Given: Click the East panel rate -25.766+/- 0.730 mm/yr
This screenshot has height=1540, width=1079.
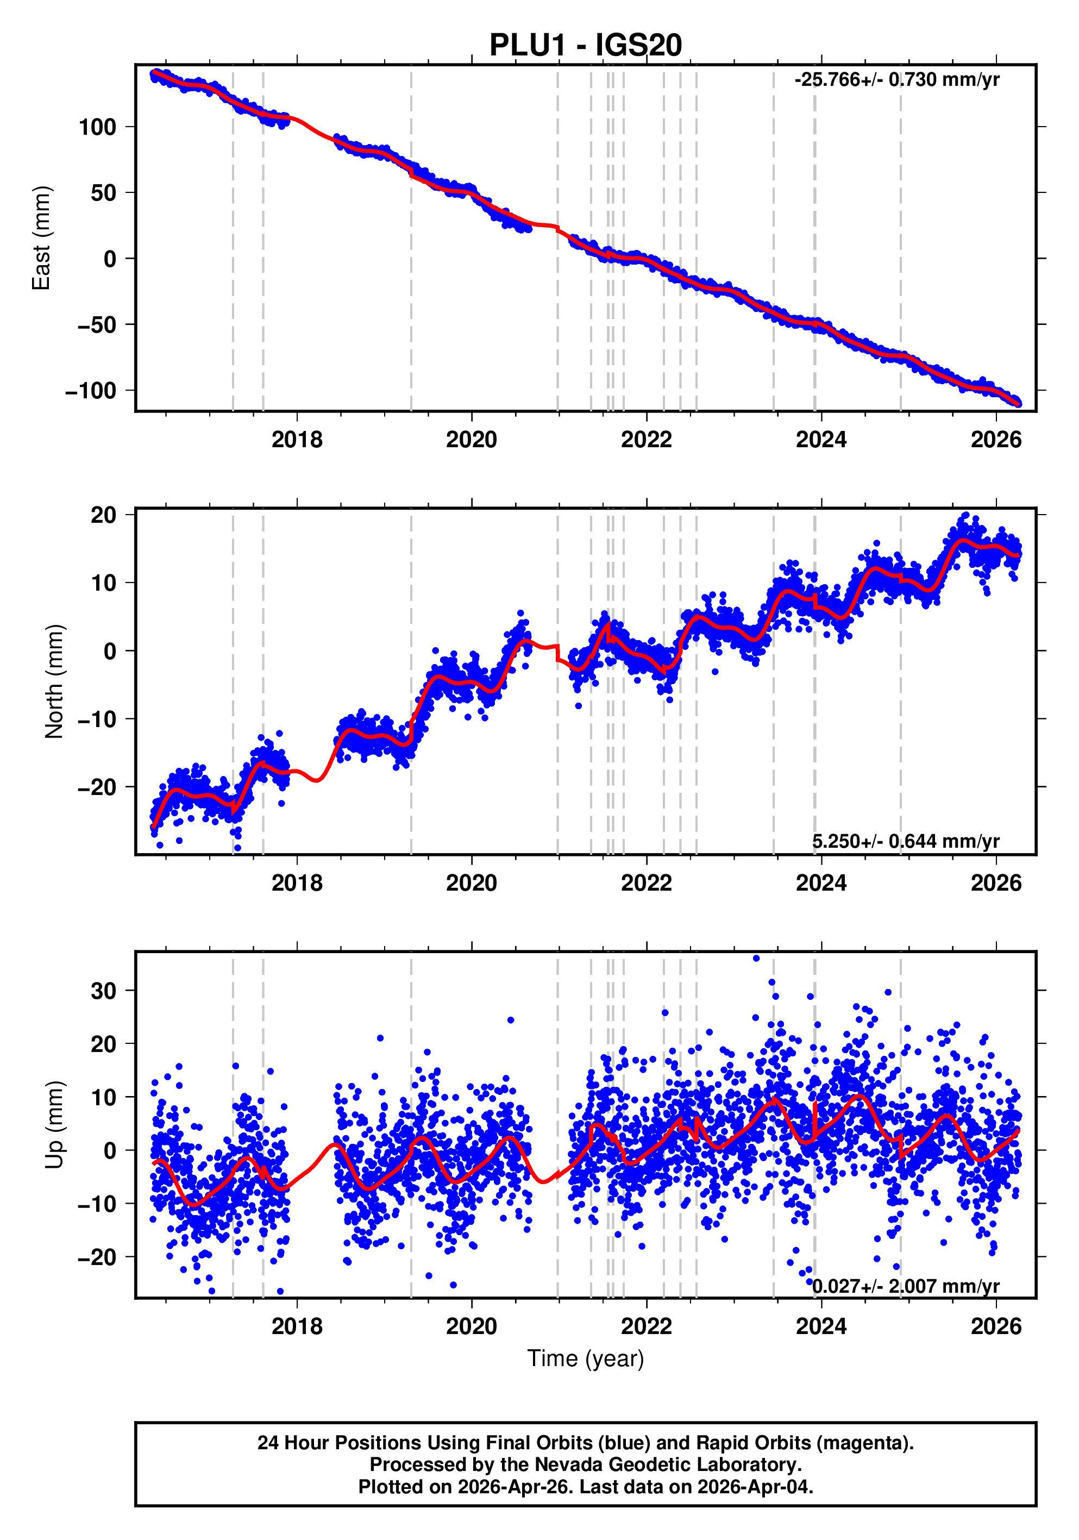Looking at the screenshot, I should pyautogui.click(x=896, y=80).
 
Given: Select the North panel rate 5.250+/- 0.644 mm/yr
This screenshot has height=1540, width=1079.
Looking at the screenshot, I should pyautogui.click(x=905, y=841).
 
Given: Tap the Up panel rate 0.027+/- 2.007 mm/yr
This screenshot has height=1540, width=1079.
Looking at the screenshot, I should pyautogui.click(x=905, y=1286).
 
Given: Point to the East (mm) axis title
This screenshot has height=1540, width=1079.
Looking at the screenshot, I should pyautogui.click(x=42, y=238).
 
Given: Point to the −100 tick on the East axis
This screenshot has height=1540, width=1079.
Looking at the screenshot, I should pyautogui.click(x=91, y=390).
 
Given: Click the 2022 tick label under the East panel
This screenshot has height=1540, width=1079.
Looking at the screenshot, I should pyautogui.click(x=646, y=440).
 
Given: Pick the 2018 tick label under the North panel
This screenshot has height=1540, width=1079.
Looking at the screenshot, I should pyautogui.click(x=297, y=884).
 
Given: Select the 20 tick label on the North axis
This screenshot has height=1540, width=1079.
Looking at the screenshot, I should pyautogui.click(x=104, y=515).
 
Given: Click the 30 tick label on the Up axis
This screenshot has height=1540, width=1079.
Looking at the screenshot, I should pyautogui.click(x=104, y=991).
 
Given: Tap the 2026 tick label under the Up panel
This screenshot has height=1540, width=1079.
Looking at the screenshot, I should pyautogui.click(x=996, y=1326).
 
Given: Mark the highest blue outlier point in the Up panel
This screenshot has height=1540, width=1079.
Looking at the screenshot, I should pyautogui.click(x=756, y=959).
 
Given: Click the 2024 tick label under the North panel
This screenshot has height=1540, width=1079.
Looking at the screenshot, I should pyautogui.click(x=821, y=884).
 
